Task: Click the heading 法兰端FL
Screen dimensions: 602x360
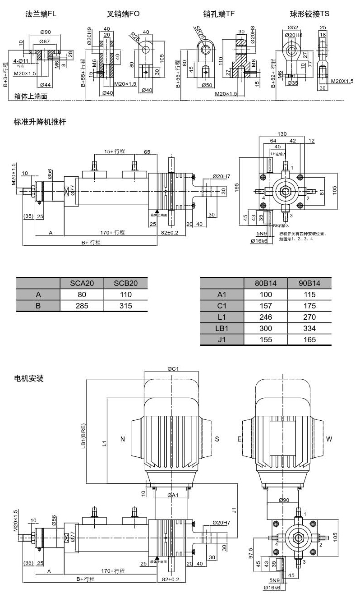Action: [x=41, y=14]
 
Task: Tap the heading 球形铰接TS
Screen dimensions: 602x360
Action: [x=309, y=14]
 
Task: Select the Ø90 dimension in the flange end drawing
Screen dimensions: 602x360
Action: [x=45, y=32]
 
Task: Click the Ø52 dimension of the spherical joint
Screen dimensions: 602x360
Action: [x=293, y=28]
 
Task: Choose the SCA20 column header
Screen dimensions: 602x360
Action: [x=82, y=283]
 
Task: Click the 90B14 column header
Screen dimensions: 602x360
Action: [x=309, y=283]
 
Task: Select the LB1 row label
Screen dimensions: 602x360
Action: [x=222, y=328]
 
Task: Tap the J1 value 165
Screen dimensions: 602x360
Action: [x=309, y=340]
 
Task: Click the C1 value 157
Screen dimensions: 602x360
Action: [x=266, y=306]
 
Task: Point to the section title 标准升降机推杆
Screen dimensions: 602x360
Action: [x=40, y=122]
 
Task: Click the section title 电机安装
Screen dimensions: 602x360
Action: [x=28, y=379]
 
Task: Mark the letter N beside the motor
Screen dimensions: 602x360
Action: [x=123, y=439]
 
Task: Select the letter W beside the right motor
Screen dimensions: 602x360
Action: [x=329, y=439]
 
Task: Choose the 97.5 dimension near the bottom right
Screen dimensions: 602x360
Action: [x=251, y=553]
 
